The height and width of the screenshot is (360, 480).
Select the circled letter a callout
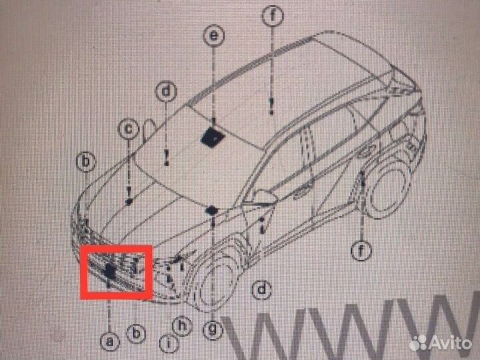pos(111,341)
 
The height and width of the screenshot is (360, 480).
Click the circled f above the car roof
pos(272,16)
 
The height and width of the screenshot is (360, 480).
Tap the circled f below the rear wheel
pos(361,251)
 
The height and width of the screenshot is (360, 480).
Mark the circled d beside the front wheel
pos(263,289)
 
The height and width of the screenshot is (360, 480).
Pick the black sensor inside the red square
pos(109,270)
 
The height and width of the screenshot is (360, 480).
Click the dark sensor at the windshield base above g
pos(211,211)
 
